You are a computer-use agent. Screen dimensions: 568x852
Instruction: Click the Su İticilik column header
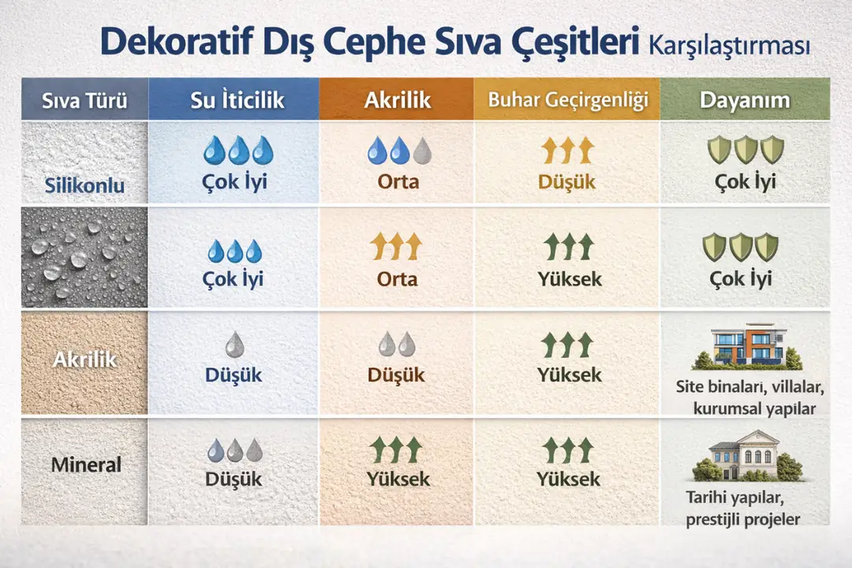tap(237, 100)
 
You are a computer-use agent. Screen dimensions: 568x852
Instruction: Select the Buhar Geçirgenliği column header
tap(567, 100)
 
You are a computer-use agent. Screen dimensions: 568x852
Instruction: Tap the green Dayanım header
tap(744, 100)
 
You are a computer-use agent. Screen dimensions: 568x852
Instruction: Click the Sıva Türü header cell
tap(84, 101)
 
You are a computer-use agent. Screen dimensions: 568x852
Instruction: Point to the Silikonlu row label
tap(84, 188)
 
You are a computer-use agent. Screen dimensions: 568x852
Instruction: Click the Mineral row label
tap(86, 465)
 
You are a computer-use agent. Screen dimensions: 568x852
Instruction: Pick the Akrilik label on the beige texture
tap(84, 360)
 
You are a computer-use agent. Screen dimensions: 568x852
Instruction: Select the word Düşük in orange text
tap(567, 182)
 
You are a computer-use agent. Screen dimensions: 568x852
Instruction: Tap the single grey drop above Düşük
tap(234, 344)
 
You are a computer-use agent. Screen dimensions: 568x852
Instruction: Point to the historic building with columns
tap(745, 456)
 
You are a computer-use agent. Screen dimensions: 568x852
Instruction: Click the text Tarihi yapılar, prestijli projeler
tap(744, 510)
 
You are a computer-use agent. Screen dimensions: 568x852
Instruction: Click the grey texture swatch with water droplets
tap(84, 256)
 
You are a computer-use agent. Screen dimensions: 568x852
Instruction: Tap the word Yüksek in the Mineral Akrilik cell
tap(398, 479)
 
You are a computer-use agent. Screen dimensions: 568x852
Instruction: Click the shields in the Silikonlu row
tap(745, 149)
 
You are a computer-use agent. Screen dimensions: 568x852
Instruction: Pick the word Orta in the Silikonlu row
tap(398, 182)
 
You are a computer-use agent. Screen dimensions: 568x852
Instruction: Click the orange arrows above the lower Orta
tap(397, 247)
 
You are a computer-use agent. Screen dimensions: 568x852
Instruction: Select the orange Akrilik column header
tap(397, 100)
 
